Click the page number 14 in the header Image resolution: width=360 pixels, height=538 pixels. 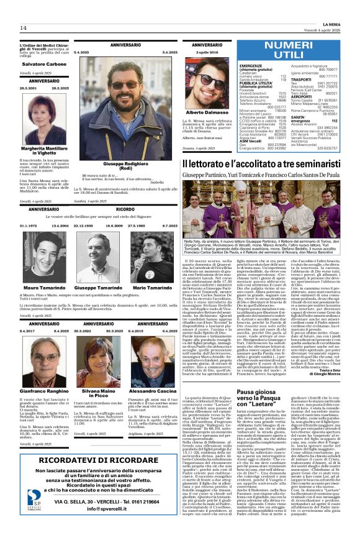23,27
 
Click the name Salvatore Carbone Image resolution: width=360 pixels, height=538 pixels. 44,64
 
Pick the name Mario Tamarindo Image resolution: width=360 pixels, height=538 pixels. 151,271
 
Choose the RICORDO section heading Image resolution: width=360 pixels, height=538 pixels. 125,210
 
